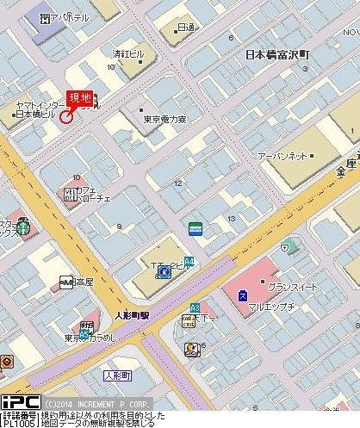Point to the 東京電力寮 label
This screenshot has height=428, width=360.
pyautogui.click(x=164, y=120)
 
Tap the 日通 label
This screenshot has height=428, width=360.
pyautogui.click(x=184, y=28)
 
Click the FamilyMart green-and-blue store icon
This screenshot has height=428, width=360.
pyautogui.click(x=196, y=228)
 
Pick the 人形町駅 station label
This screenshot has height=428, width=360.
pyautogui.click(x=131, y=315)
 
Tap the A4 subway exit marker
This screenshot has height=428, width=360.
pyautogui.click(x=189, y=260)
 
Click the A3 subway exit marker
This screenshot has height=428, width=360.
pyautogui.click(x=196, y=307)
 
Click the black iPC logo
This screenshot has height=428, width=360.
pyautogui.click(x=20, y=402)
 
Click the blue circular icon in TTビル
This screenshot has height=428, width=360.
pyautogui.click(x=163, y=273)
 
